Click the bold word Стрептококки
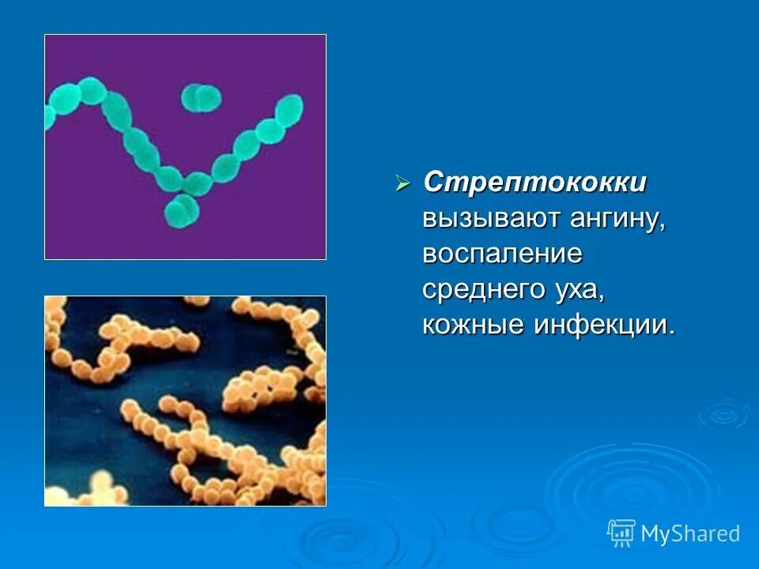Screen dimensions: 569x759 pyautogui.click(x=534, y=183)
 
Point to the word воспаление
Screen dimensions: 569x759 pyautogui.click(x=502, y=254)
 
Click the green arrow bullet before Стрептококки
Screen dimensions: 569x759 pyautogui.click(x=402, y=184)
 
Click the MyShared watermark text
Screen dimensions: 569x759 pyautogui.click(x=690, y=534)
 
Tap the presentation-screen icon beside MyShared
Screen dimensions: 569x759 pyautogui.click(x=621, y=533)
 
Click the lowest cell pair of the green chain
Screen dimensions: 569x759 pyautogui.click(x=182, y=210)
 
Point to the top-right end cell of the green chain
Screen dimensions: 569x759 pyautogui.click(x=290, y=107)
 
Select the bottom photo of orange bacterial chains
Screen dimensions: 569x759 pyautogui.click(x=185, y=401)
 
